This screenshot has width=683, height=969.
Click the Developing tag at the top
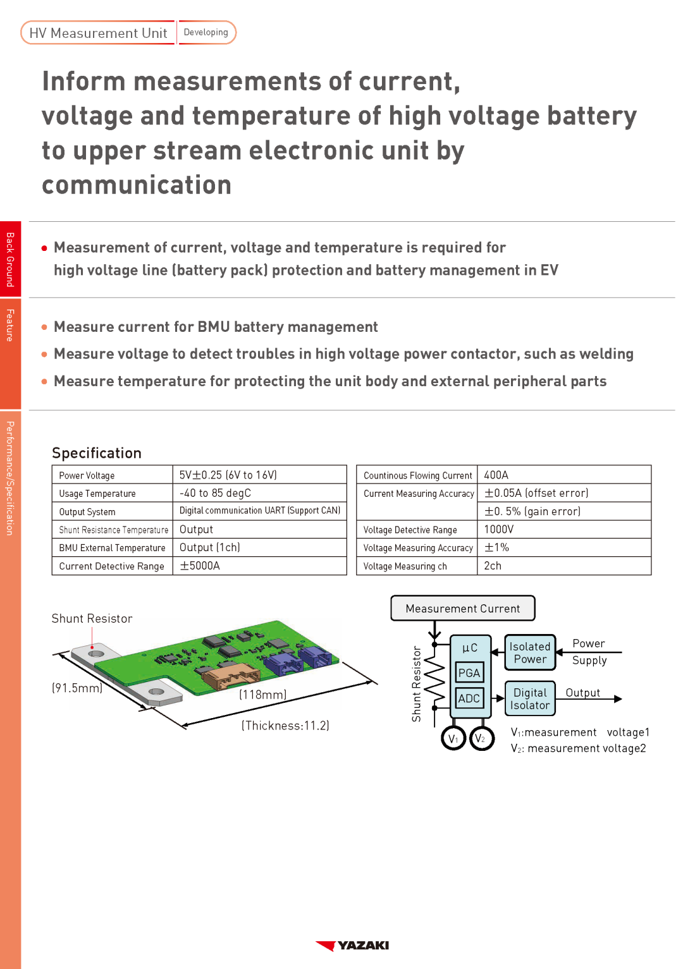click(206, 32)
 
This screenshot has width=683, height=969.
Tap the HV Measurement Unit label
click(98, 33)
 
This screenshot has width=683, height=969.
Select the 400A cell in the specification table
click(496, 475)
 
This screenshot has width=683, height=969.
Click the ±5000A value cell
click(200, 566)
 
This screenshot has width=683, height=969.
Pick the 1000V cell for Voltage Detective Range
click(499, 530)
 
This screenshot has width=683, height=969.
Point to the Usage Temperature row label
click(97, 494)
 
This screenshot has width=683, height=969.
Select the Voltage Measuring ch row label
click(405, 566)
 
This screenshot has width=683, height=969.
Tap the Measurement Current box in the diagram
click(463, 608)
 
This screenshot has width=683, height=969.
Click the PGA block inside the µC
click(469, 673)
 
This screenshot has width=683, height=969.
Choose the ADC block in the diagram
click(469, 698)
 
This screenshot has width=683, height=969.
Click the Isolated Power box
click(530, 653)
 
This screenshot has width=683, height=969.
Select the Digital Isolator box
click(530, 698)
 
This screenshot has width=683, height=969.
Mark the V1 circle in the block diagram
click(453, 738)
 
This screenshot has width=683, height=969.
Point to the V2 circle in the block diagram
click(482, 738)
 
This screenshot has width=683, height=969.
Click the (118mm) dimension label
click(263, 695)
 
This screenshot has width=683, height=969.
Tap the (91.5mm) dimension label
click(77, 688)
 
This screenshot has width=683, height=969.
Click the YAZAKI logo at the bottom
click(352, 946)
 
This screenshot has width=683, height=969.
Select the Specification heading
click(97, 453)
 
